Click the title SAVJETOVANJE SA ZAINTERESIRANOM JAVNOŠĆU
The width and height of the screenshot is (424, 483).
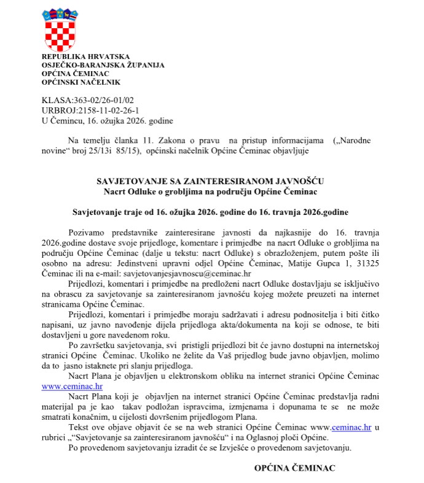click(210, 182)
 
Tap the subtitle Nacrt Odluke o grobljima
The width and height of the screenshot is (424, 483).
click(210, 191)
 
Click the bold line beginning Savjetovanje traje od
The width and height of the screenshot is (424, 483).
click(210, 212)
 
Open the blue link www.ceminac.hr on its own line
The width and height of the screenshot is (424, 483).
click(72, 387)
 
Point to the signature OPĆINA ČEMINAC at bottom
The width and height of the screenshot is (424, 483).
click(295, 468)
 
